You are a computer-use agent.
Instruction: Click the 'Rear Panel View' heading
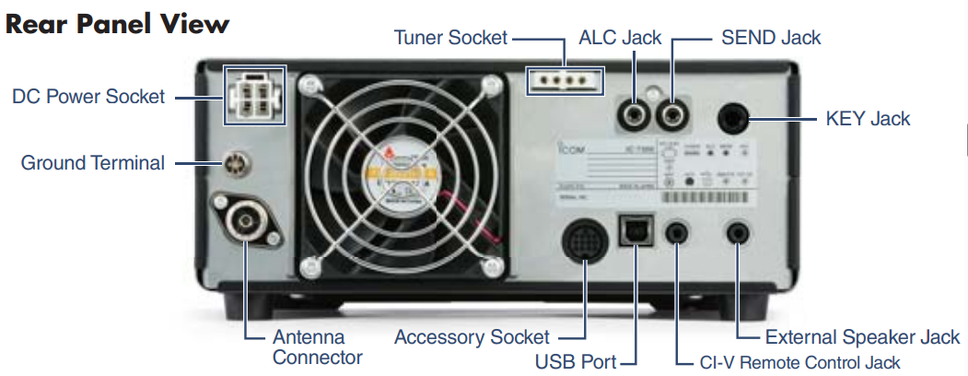[117, 24]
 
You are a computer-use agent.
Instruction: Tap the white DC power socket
[255, 95]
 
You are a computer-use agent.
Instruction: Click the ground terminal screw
[236, 164]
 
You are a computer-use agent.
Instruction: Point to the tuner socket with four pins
[564, 80]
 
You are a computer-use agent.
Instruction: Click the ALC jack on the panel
[635, 116]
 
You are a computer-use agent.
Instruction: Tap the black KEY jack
[736, 119]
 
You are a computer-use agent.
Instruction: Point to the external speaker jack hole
[740, 231]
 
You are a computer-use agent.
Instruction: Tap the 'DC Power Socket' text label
[88, 96]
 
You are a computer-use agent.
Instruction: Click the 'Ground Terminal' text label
[93, 164]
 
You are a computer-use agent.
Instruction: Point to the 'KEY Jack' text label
[867, 119]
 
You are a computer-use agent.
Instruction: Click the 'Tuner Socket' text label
[450, 38]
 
